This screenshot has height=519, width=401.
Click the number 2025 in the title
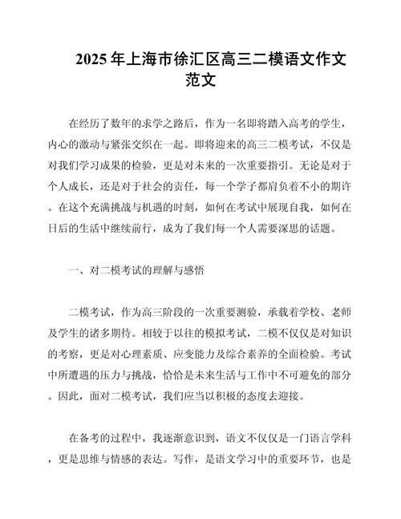tap(94, 59)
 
